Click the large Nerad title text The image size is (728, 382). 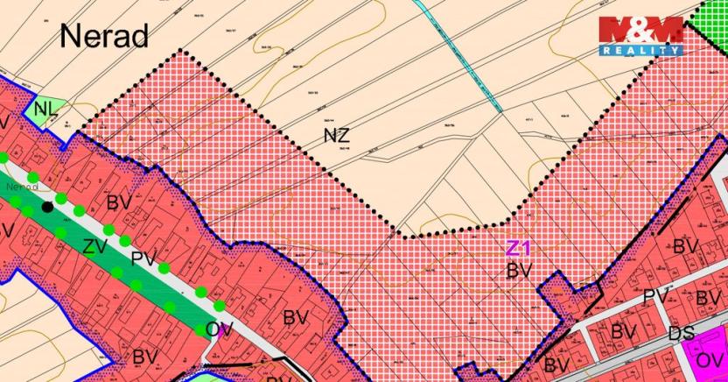point(104,36)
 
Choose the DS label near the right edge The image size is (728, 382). point(682,334)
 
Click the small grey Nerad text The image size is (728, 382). point(20,187)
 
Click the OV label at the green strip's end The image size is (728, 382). point(219,329)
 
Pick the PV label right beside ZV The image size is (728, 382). point(143,258)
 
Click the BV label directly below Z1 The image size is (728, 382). point(520,271)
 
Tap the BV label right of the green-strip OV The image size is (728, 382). point(296,317)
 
